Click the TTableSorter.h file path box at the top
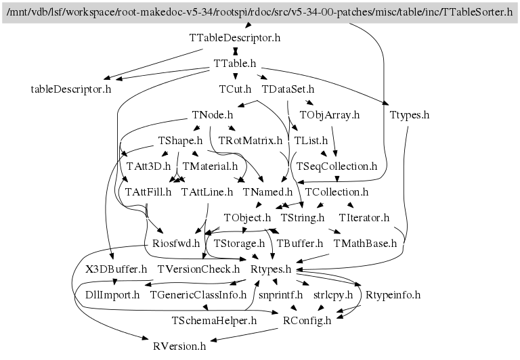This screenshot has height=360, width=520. (260, 13)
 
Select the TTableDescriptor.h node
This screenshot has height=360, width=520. (235, 38)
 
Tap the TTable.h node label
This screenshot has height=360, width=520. (235, 63)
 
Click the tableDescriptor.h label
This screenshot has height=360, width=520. (71, 89)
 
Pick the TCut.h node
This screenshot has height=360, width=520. (235, 89)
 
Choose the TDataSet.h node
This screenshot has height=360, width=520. (288, 89)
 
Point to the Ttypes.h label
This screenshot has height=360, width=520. (410, 114)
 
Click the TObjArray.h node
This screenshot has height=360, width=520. (328, 114)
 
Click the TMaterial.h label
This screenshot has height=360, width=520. (210, 166)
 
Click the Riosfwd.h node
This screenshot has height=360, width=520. (176, 243)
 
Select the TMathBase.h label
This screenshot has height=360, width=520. (365, 243)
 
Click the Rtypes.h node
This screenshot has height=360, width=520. (271, 269)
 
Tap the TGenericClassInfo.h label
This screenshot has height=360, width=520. (198, 294)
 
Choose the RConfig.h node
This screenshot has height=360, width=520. (307, 320)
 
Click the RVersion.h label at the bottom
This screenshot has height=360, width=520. (179, 346)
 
